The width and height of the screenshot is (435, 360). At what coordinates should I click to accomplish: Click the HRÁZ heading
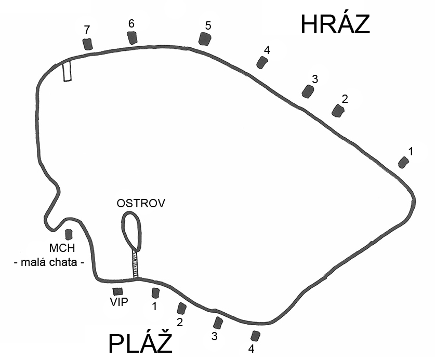335,24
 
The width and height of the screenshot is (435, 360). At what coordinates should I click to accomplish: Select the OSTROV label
141,203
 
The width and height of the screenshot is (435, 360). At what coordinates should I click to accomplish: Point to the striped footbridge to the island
135,264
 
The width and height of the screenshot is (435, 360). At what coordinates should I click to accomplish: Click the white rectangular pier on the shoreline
67,71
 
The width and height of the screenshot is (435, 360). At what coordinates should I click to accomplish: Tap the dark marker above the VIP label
117,291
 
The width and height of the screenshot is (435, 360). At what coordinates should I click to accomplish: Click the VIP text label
119,302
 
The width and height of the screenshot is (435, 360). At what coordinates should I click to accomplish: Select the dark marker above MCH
69,234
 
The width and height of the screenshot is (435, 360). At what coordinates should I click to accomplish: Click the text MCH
62,248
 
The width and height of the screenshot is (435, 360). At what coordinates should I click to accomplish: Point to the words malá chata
49,262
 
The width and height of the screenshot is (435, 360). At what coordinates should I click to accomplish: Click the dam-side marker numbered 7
88,44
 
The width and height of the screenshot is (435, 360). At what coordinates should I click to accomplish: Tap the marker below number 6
133,38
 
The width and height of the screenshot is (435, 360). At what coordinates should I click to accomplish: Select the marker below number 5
205,39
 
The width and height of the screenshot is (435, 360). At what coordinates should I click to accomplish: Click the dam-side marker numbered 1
403,162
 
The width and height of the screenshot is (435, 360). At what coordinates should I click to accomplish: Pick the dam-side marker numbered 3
308,91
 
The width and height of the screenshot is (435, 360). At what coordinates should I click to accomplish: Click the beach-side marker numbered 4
255,336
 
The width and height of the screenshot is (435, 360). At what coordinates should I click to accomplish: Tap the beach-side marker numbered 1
155,293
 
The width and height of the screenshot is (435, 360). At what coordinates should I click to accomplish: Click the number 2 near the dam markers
345,99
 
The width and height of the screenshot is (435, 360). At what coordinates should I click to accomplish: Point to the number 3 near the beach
214,337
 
